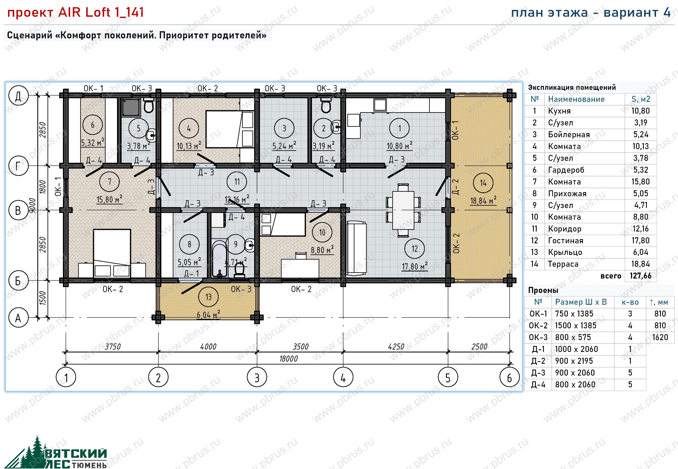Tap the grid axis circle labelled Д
click(18, 96)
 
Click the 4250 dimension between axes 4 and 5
click(396, 347)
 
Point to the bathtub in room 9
click(219, 259)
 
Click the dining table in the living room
click(403, 210)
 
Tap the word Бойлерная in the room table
click(569, 135)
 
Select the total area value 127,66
click(640, 276)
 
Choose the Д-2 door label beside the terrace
click(455, 187)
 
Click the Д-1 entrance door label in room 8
click(192, 273)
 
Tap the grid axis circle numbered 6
click(509, 377)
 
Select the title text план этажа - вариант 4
click(591, 13)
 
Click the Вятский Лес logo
click(56, 453)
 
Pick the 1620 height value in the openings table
click(660, 337)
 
